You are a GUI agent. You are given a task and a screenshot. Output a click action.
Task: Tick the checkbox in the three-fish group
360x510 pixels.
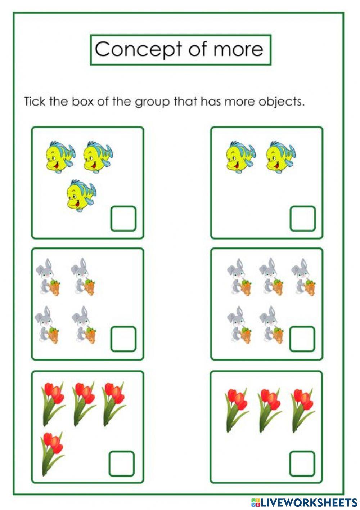(123, 219)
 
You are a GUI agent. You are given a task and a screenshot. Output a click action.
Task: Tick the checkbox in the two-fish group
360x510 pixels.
(302, 219)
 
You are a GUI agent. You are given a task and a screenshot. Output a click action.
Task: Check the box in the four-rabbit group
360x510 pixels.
(123, 339)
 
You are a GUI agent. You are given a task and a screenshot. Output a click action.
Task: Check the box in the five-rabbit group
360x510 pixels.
(302, 339)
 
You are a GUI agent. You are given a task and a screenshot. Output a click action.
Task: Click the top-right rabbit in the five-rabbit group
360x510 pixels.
(303, 277)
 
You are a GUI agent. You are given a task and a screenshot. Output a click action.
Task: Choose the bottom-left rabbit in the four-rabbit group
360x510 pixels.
(47, 325)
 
